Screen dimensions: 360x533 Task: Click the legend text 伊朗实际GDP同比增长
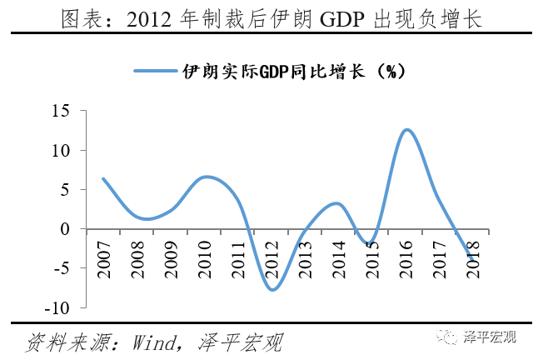[x=294, y=71]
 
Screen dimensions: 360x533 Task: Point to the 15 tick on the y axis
[x=62, y=111]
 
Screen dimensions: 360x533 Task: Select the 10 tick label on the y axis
[x=62, y=151]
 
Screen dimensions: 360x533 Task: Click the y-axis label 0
[x=67, y=229]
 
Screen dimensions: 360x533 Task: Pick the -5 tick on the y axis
[x=63, y=268]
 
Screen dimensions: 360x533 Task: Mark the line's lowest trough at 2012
[x=272, y=290]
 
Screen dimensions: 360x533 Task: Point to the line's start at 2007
[x=103, y=178]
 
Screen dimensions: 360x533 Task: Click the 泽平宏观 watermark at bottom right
[x=491, y=337]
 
